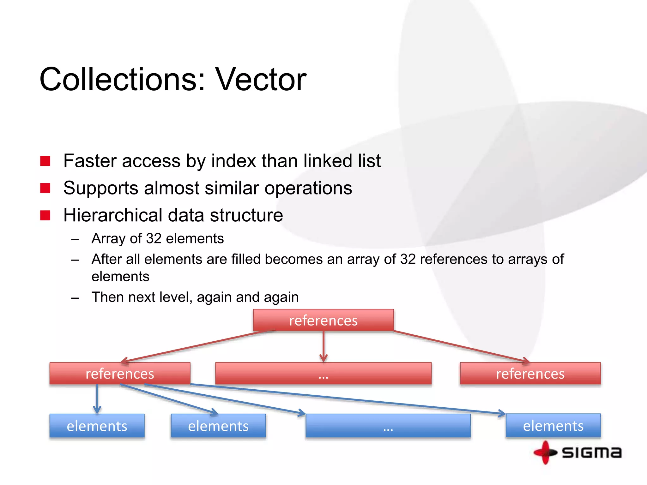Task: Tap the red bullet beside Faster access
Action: [x=45, y=161]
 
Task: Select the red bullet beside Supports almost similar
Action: [x=45, y=188]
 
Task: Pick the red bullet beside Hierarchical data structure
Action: [x=45, y=215]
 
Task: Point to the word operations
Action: [x=308, y=189]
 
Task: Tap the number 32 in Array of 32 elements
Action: [x=154, y=238]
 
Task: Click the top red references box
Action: [x=323, y=320]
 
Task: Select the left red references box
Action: [x=120, y=374]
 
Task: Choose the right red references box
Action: [x=530, y=374]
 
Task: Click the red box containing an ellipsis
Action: [x=323, y=374]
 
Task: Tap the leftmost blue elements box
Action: [x=97, y=426]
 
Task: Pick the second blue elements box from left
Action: [x=218, y=426]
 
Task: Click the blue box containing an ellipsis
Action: [x=388, y=426]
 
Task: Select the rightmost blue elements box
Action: [x=553, y=426]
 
